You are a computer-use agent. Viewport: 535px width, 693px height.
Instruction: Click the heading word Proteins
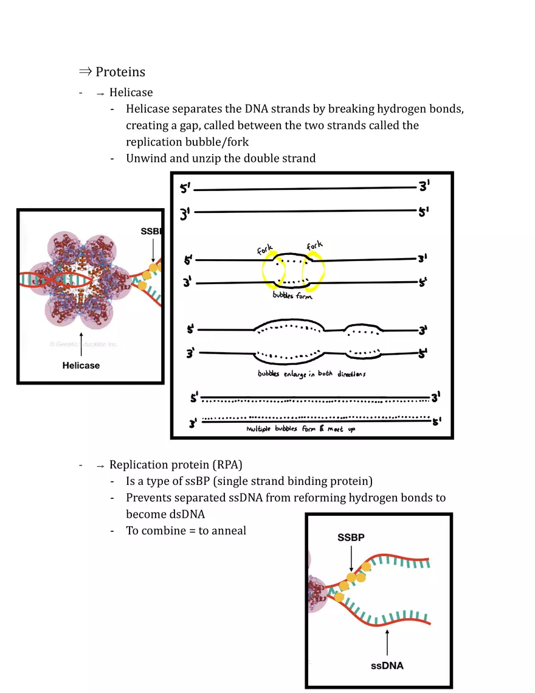[120, 72]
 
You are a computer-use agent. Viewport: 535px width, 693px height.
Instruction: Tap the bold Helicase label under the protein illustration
[81, 365]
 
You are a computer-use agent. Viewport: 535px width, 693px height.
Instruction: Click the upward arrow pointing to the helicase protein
[81, 344]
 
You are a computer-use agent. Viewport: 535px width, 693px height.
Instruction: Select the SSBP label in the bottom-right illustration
[351, 538]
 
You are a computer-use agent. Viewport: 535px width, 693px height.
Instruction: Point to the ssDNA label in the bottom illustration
[387, 665]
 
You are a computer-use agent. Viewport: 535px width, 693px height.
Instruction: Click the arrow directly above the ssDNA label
[387, 643]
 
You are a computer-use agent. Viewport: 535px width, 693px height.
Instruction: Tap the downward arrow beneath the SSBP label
[351, 560]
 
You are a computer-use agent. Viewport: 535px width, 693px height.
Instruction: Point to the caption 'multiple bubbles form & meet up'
[300, 429]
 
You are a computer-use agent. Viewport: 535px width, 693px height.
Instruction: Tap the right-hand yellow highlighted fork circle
[316, 268]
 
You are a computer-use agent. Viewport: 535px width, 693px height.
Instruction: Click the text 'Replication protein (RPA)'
[176, 465]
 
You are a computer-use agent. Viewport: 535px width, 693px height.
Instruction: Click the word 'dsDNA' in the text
[187, 514]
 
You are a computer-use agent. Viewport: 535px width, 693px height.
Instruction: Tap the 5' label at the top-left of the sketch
[184, 189]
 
